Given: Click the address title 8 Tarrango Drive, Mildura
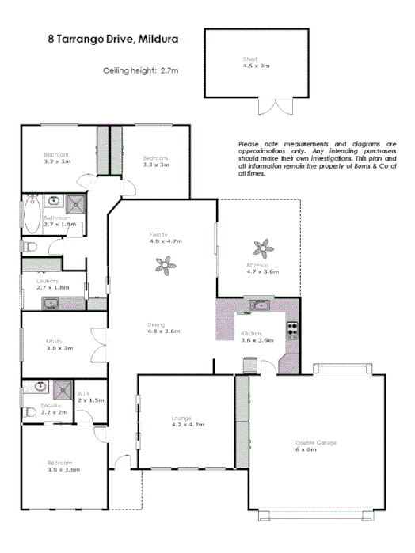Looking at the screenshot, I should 112,37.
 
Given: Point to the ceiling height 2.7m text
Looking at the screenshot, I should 141,70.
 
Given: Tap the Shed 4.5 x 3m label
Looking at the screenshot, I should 255,62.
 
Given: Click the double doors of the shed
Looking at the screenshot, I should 280,108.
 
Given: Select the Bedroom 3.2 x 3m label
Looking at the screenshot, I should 56,157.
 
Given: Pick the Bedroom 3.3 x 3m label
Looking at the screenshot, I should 155,161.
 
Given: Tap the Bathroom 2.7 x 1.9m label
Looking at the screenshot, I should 59,221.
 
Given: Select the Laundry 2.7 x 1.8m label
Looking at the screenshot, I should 52,284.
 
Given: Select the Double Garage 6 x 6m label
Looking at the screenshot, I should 316,445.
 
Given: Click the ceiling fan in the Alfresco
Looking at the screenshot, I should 260,246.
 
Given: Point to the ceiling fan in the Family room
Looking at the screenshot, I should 166,268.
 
